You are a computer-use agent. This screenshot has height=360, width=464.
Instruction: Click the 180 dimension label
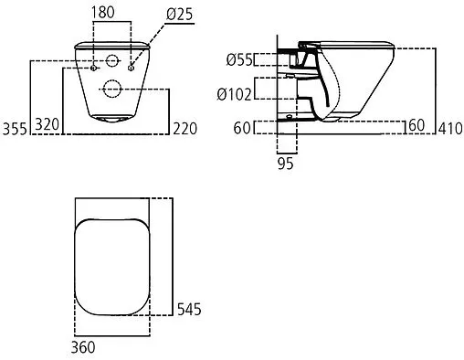click(x=103, y=13)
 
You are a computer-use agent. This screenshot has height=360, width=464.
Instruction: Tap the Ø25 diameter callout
click(x=180, y=14)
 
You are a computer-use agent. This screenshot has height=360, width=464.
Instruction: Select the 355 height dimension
click(x=15, y=129)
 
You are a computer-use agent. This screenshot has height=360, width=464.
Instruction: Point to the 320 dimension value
click(x=47, y=124)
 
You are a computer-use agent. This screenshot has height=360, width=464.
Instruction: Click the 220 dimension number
click(x=185, y=129)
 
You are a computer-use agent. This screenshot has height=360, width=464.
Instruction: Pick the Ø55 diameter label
click(x=239, y=59)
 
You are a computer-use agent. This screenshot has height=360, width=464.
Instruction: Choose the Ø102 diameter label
click(x=235, y=94)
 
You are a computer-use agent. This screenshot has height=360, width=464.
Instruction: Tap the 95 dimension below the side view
click(x=286, y=164)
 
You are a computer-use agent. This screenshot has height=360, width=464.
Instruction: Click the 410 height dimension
click(x=450, y=129)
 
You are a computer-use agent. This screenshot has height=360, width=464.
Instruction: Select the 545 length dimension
click(x=189, y=309)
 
